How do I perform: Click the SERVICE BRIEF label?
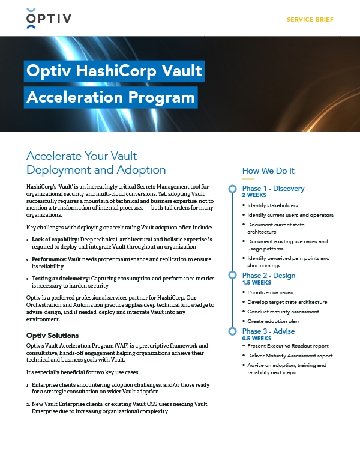point(310,20)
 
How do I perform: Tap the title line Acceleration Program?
point(110,97)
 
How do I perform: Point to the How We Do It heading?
point(268,171)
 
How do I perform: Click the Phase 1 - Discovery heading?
point(273,189)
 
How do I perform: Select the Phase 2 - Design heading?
point(269,276)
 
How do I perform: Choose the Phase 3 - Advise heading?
point(269,331)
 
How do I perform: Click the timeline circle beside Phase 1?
point(232,189)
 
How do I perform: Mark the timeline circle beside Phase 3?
point(232,331)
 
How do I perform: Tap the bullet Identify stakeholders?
point(272,205)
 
